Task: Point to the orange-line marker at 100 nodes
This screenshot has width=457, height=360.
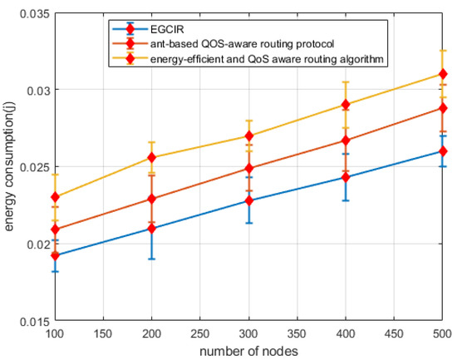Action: [x=55, y=229]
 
